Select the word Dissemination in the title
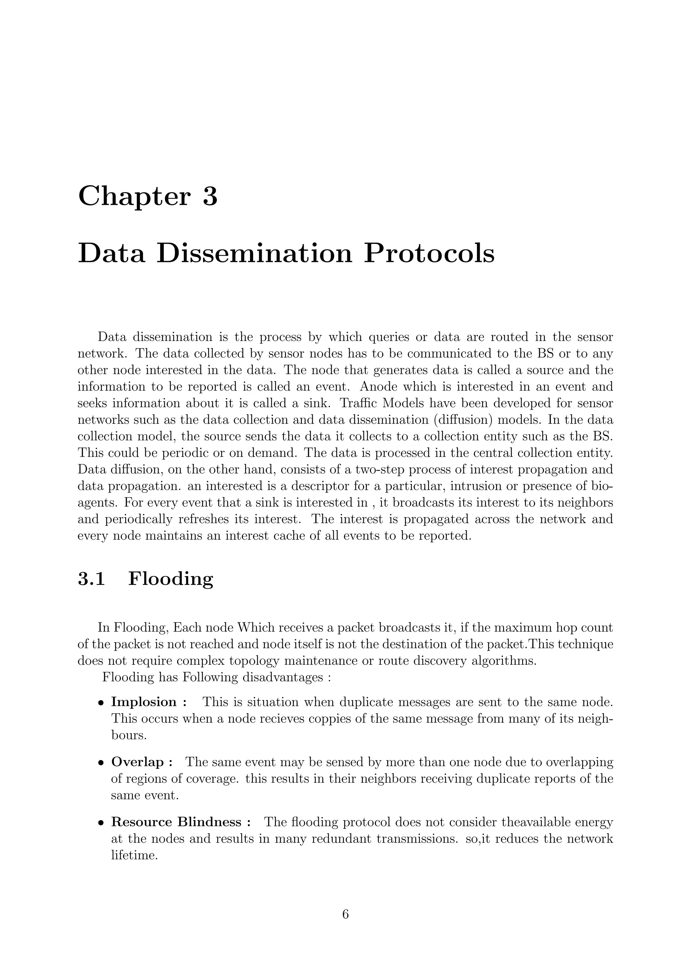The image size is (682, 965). coord(254,254)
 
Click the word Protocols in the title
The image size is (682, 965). coord(429,254)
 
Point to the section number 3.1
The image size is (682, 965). coord(91,579)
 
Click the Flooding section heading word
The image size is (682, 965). coord(170,579)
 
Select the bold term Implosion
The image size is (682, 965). coord(144,702)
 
